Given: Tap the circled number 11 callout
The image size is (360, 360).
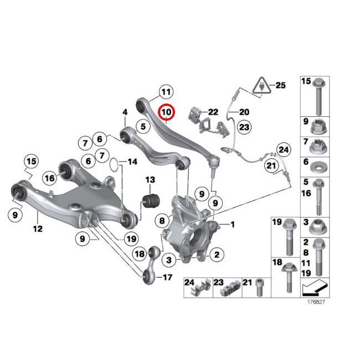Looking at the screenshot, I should click(165, 91).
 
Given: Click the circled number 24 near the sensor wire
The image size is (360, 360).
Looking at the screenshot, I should click(284, 149).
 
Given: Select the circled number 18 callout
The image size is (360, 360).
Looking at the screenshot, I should click(140, 254).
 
